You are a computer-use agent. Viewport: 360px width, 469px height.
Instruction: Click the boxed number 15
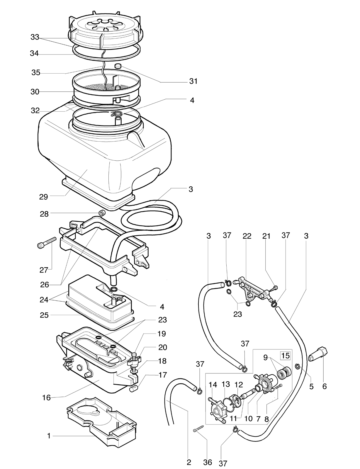285,356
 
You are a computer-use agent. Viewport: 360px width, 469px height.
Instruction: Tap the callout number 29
43,197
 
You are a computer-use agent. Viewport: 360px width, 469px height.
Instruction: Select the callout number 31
193,81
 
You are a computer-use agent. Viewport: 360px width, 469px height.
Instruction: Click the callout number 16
46,398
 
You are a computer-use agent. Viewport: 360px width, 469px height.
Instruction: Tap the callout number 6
325,386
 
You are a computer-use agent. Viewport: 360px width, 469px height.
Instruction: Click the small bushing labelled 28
101,213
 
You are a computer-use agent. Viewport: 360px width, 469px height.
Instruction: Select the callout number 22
247,236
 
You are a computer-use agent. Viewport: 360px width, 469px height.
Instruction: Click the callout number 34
34,53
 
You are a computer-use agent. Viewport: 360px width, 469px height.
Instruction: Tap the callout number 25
44,315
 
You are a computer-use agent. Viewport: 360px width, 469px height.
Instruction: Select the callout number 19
162,334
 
